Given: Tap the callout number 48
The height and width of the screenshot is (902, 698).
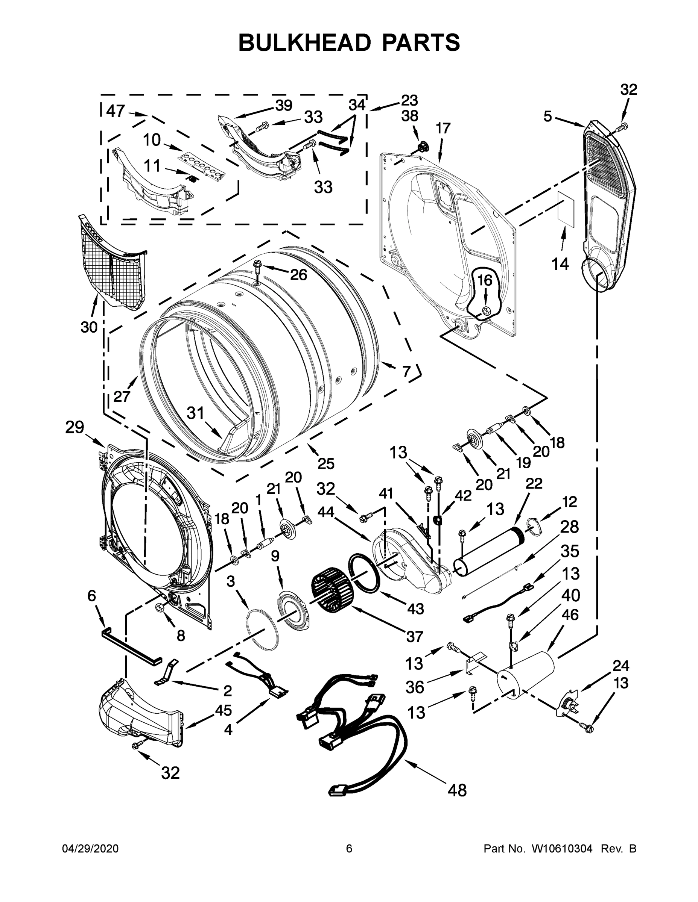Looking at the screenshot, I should click(457, 790).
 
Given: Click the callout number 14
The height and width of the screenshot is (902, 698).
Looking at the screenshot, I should click(560, 263).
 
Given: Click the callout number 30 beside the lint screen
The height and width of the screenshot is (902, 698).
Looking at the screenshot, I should click(89, 327).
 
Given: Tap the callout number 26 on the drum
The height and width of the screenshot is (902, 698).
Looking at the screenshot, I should click(298, 274).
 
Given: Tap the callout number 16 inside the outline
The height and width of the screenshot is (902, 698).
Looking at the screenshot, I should click(485, 280).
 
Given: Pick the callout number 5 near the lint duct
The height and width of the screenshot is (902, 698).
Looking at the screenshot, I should click(547, 117).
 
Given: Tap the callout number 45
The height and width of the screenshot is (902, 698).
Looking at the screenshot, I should click(223, 710).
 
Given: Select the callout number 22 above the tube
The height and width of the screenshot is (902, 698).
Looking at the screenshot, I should click(534, 483).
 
